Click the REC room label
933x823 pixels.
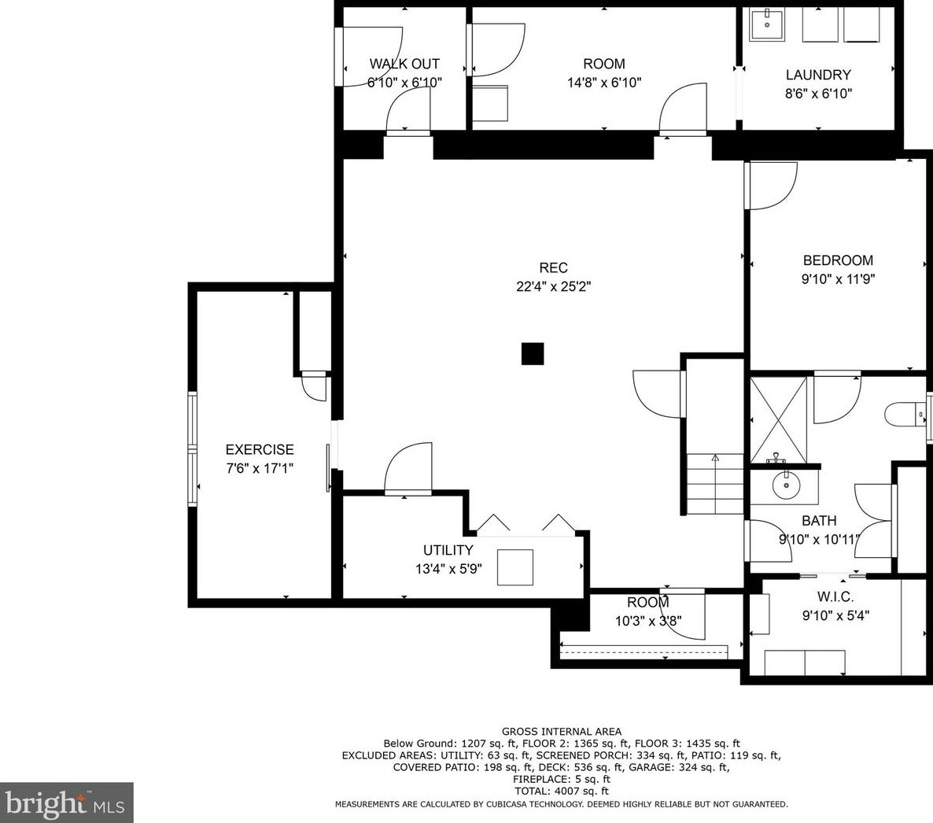click(553, 268)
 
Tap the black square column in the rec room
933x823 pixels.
click(533, 353)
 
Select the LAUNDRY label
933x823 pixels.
click(818, 75)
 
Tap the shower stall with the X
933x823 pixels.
click(778, 419)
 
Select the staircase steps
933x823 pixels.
click(715, 484)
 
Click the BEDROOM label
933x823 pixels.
click(838, 260)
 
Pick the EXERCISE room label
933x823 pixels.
click(260, 450)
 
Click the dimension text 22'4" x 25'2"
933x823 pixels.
click(553, 287)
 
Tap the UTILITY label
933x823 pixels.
click(448, 550)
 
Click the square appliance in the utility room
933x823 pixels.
click(515, 568)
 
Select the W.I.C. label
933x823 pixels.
click(835, 596)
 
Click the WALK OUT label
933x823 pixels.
click(404, 64)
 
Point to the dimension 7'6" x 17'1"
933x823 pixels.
click(260, 468)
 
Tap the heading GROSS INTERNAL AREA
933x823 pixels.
click(562, 732)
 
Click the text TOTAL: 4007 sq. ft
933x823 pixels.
click(562, 791)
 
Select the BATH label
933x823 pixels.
click(819, 521)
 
